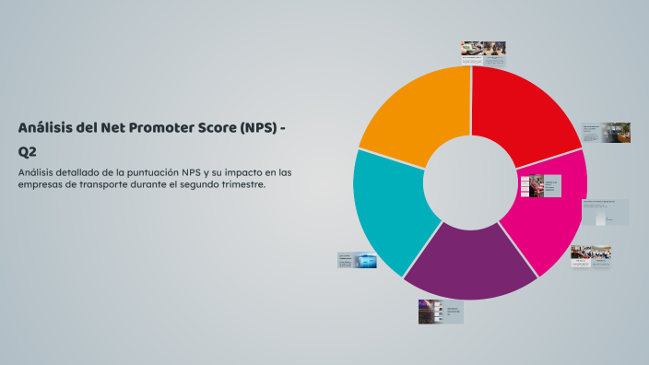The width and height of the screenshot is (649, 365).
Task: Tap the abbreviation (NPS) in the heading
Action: point(261,127)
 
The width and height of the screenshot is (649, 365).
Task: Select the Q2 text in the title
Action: point(27,151)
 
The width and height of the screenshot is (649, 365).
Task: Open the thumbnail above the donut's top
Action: point(483,53)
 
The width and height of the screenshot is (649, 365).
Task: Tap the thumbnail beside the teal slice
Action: point(357,261)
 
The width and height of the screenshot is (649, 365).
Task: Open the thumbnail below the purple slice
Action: point(440,312)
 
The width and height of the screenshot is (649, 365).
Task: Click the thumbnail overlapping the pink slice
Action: point(540,186)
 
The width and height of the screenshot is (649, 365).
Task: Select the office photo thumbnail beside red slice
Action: point(605,133)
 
